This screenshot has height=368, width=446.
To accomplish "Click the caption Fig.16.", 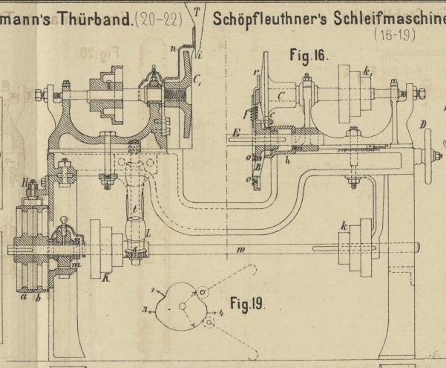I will point(309,55).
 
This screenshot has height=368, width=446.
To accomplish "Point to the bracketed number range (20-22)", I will point(157,19).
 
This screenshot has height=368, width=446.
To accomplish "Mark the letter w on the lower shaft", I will point(240,250).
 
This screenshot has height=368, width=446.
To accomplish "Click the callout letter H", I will point(25,181).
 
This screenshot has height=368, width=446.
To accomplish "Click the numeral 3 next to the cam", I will point(145,307).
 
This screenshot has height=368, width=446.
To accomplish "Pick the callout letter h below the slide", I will point(288,161).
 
